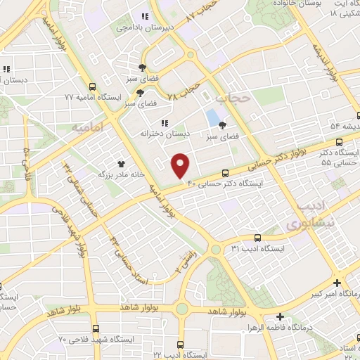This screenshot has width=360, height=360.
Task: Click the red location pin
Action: (181, 165)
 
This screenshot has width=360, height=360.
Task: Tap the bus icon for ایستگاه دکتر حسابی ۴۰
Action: (225, 173)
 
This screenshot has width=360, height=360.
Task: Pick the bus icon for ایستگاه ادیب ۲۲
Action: (180, 345)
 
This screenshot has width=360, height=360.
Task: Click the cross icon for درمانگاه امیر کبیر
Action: (338, 282)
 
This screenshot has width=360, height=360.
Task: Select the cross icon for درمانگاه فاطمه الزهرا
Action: (281, 317)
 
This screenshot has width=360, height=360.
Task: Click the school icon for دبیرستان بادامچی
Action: (145, 17)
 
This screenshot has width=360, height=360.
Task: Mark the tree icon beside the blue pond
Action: (222, 125)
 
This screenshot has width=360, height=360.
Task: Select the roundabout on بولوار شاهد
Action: (183, 309)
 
